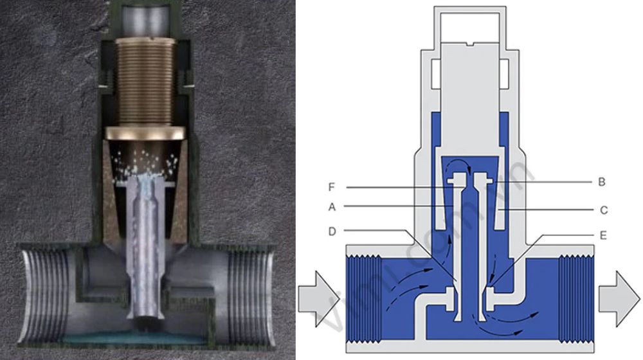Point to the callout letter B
coord(601,182)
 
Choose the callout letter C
coord(602,210)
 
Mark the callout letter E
coord(602,235)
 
